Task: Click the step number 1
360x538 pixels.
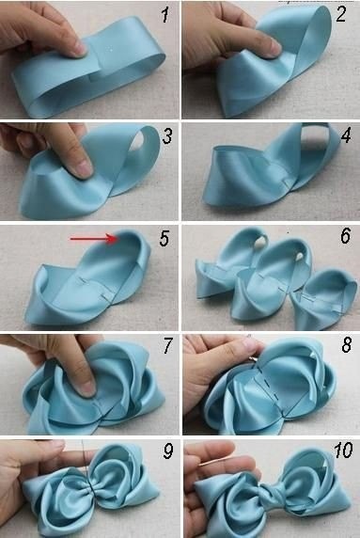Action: (166, 15)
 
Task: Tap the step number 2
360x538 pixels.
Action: (341, 15)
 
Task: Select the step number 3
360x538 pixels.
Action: (167, 135)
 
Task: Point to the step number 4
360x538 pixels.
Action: (346, 134)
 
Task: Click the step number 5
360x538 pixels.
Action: (164, 239)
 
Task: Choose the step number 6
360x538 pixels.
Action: (345, 236)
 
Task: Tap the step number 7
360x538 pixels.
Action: (168, 345)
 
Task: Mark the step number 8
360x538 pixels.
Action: (346, 344)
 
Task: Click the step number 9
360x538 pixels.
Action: (168, 451)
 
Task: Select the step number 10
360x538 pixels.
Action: (343, 451)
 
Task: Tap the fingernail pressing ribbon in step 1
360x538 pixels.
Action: (81, 49)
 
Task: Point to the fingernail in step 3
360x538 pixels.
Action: (84, 168)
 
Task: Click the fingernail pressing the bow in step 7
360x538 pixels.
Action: (87, 388)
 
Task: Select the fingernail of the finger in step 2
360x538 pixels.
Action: (275, 47)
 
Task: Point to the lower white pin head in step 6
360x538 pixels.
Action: (301, 256)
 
